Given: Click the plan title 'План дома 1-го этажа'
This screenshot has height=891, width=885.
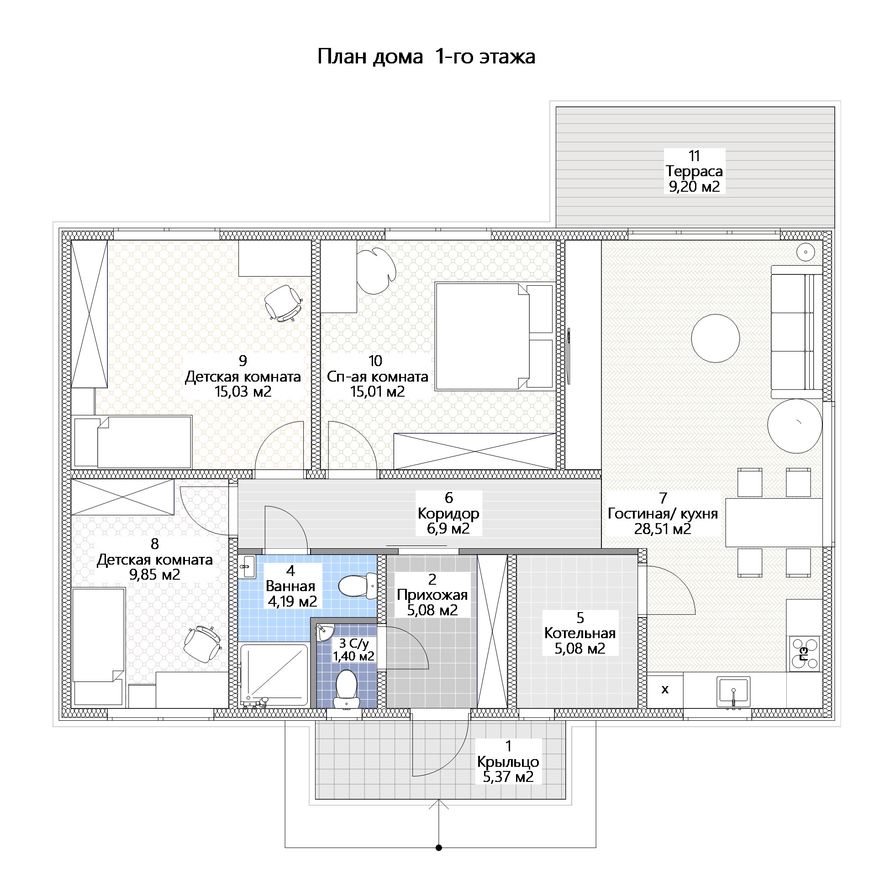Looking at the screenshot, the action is [x=426, y=57].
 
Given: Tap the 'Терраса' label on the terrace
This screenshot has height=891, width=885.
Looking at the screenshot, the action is [x=694, y=171].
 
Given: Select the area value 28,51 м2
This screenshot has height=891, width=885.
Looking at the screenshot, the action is [x=662, y=529].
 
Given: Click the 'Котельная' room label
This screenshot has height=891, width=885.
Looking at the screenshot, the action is [x=579, y=633].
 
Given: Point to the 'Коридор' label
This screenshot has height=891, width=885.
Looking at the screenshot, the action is [x=448, y=514].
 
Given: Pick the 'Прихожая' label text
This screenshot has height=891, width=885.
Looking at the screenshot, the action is [x=432, y=595].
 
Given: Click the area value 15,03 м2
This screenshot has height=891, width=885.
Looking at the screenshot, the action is [x=242, y=392].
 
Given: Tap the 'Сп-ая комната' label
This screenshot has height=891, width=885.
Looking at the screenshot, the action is [x=378, y=377].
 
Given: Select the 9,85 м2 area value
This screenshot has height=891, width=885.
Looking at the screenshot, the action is [x=154, y=575].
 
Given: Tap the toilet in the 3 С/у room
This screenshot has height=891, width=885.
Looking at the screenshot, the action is [x=347, y=689].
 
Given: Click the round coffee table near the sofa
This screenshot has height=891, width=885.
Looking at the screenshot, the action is [x=715, y=338].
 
